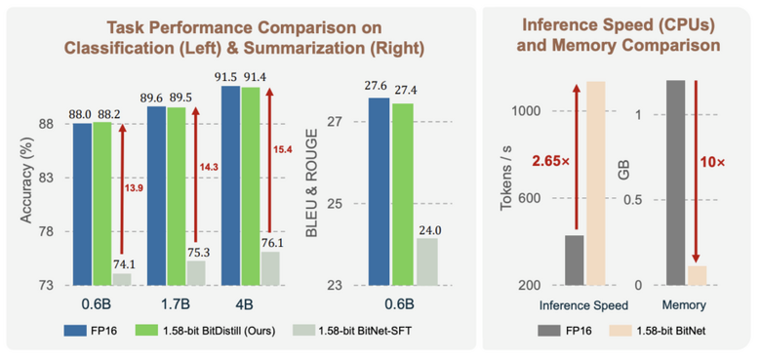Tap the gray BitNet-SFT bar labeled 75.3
click(196, 272)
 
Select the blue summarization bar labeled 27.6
click(379, 191)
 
